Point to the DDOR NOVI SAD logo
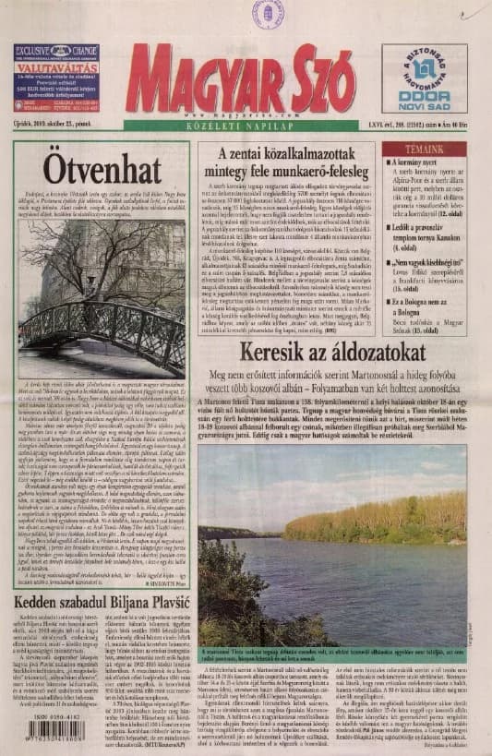click(424, 78)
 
